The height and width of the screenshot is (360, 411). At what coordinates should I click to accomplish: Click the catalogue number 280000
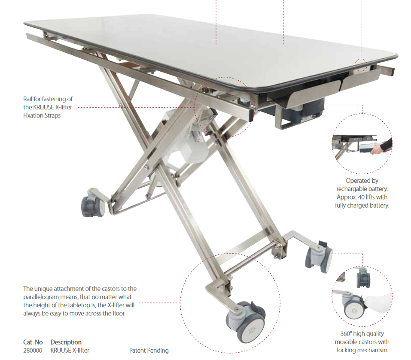[32, 351]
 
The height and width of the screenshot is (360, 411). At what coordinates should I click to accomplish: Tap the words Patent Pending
[149, 351]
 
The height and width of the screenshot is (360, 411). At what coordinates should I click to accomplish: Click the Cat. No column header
[33, 342]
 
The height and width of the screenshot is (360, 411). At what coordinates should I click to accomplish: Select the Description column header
[66, 342]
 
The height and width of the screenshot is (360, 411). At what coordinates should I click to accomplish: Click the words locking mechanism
[362, 350]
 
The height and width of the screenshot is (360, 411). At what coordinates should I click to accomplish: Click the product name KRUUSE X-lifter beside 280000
[70, 351]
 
